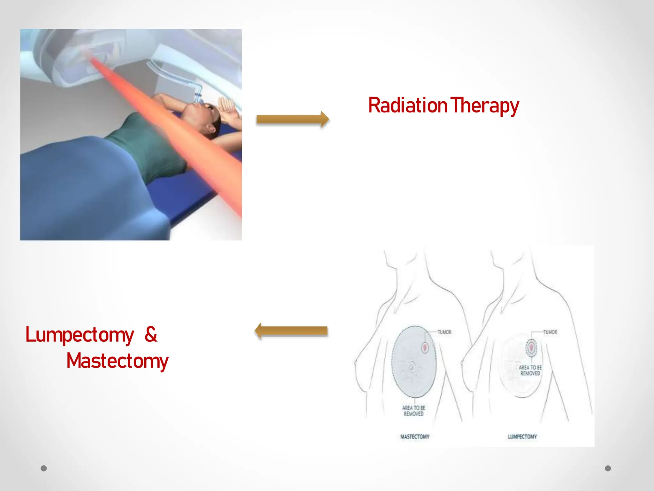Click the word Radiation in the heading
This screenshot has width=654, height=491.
click(x=407, y=105)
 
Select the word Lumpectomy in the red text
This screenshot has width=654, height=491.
click(x=80, y=335)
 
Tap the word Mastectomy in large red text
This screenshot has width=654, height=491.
click(x=117, y=361)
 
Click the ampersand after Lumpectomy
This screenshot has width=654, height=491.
click(x=151, y=334)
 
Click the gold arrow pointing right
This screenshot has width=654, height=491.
click(x=293, y=120)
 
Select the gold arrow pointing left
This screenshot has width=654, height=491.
click(x=291, y=331)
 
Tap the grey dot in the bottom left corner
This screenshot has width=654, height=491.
click(x=44, y=468)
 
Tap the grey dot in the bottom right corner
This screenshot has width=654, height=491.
click(x=608, y=468)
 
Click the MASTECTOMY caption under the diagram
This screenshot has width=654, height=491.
click(x=415, y=437)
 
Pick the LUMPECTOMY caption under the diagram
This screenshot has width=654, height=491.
click(x=522, y=437)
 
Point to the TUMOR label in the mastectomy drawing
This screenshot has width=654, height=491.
click(x=445, y=332)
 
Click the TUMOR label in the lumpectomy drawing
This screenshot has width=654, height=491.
click(x=550, y=332)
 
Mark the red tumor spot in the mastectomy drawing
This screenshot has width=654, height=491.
click(x=425, y=347)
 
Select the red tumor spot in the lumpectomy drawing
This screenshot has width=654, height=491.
click(x=531, y=347)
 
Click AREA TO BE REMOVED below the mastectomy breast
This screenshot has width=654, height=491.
click(x=414, y=411)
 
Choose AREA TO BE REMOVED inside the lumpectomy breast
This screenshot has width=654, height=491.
click(x=530, y=370)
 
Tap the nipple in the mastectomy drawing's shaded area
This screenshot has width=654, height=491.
click(x=411, y=367)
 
